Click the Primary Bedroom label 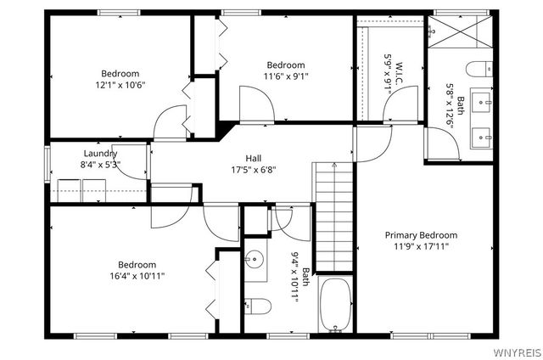point(421,235)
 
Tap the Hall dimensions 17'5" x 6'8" point(254,170)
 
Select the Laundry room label point(100,154)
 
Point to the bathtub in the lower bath point(336,304)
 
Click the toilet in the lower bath point(258,306)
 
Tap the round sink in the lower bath point(255,259)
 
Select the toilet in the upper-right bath point(479,69)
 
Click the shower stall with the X point(460,31)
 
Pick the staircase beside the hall point(334,217)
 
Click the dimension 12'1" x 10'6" point(120,85)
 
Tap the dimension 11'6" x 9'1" point(286,76)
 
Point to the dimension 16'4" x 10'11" point(137,276)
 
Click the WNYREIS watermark point(518,352)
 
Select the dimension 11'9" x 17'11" point(421,247)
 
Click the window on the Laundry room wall point(48,165)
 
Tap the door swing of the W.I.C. point(400,104)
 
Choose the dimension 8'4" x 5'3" point(100,165)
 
